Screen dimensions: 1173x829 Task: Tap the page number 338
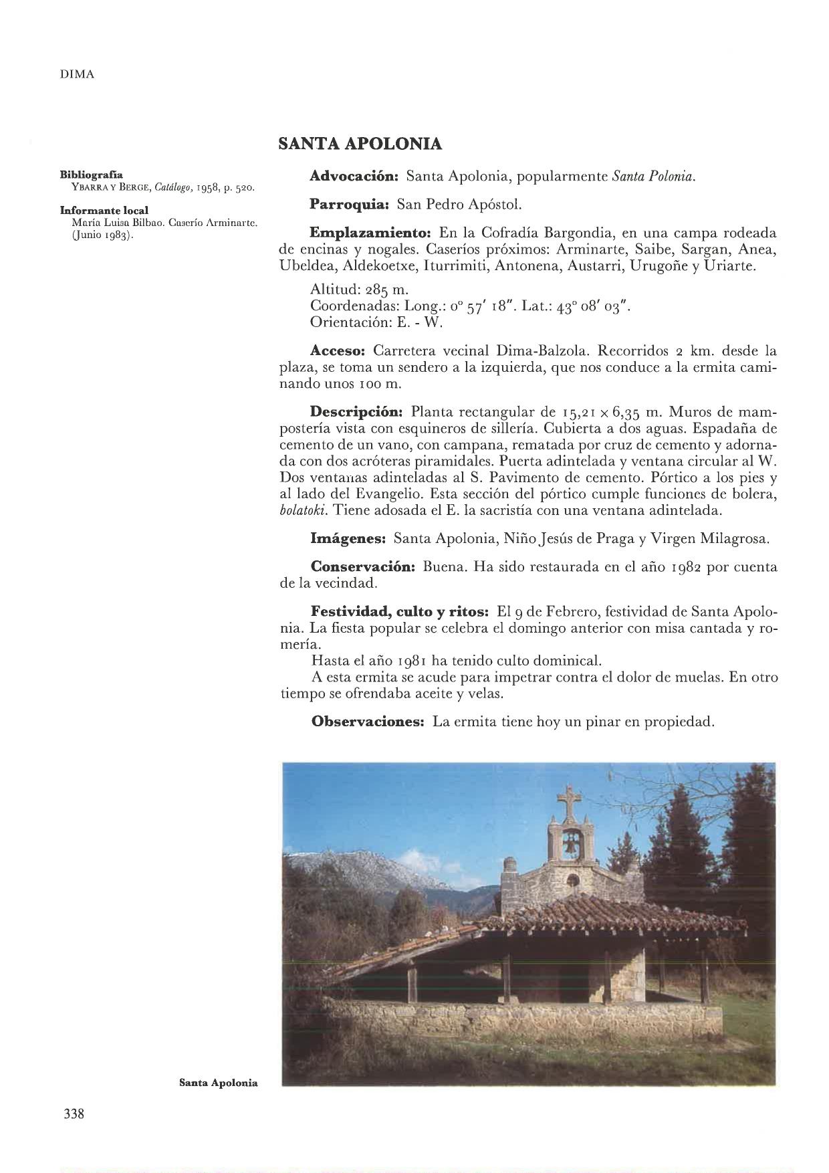74,1114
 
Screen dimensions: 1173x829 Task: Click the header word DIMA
77,75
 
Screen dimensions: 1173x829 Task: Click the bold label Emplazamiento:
371,233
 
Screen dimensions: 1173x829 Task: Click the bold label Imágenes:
348,538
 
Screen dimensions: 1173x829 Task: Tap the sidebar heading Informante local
104,211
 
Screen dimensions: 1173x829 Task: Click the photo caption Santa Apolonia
219,1083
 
